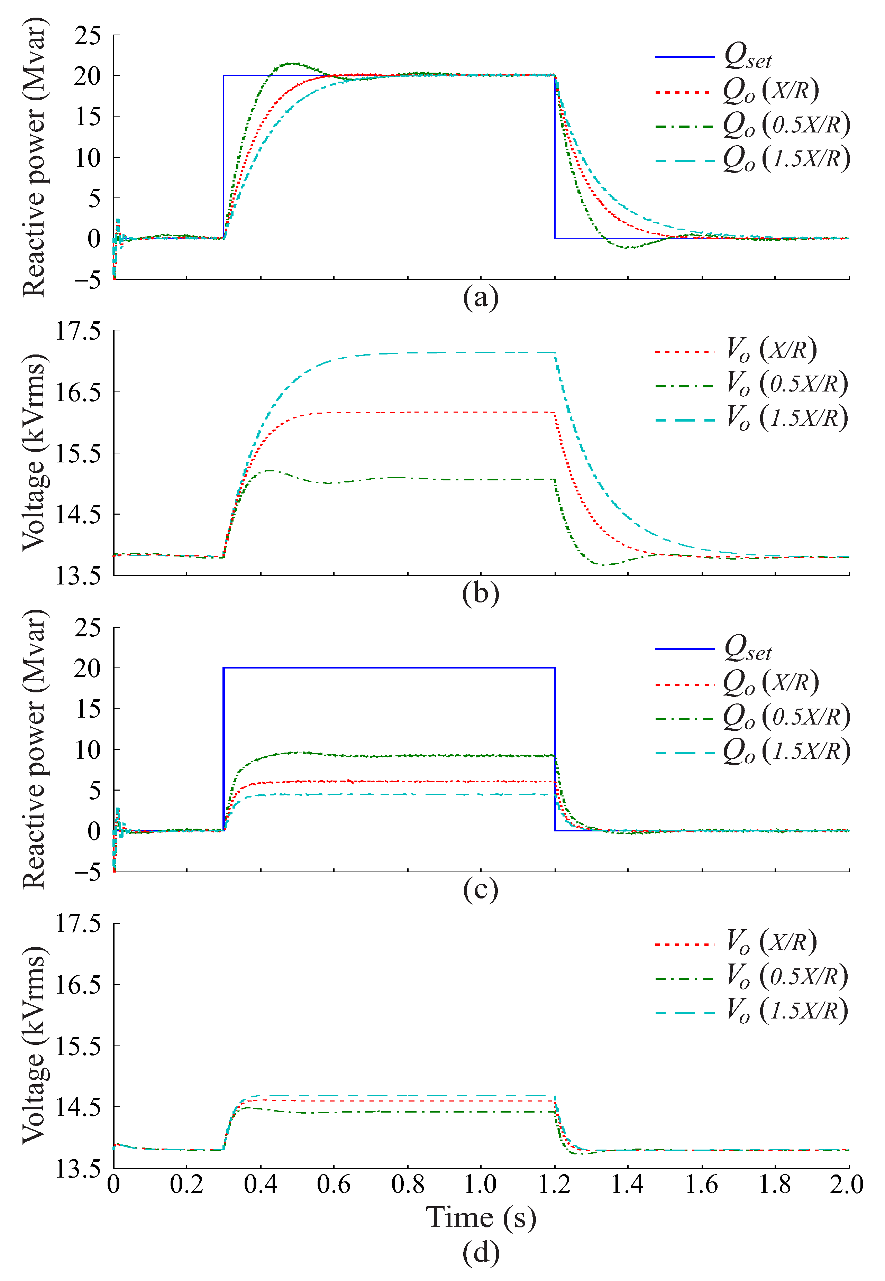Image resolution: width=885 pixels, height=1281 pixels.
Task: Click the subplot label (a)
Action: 480,298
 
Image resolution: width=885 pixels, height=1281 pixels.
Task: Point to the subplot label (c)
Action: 480,890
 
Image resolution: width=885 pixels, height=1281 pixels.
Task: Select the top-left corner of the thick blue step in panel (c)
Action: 224,668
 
